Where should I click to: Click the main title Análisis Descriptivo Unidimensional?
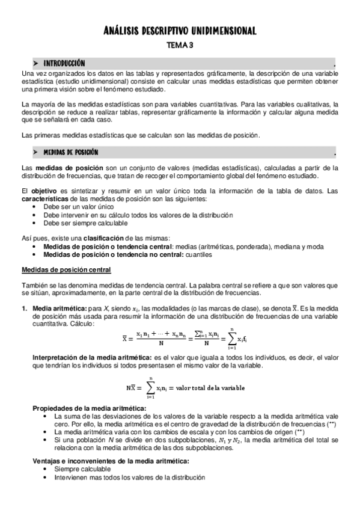tap(180, 31)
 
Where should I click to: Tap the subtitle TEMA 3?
tap(180, 45)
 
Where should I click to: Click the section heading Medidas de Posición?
tap(71, 152)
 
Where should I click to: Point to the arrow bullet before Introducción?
tap(35, 63)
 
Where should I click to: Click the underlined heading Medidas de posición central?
tap(70, 269)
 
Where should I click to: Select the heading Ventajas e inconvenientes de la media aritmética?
tap(111, 461)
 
